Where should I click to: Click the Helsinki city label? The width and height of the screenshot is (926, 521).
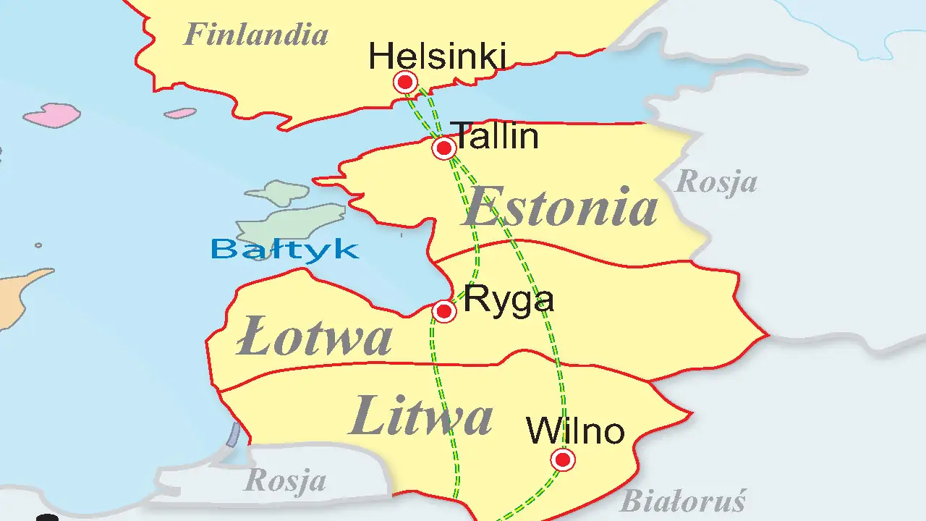click(x=436, y=56)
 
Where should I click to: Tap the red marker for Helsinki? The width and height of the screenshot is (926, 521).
click(x=405, y=82)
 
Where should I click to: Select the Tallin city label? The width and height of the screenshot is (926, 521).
click(x=496, y=135)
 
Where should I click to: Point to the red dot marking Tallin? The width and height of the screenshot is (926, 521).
click(x=443, y=148)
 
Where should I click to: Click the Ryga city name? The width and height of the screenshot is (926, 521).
click(x=509, y=299)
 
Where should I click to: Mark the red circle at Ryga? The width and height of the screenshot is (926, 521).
click(x=443, y=311)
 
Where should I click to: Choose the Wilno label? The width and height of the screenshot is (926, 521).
click(x=575, y=431)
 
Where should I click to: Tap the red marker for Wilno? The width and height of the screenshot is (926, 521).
click(x=562, y=459)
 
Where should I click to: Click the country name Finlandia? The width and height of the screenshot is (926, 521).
click(x=255, y=34)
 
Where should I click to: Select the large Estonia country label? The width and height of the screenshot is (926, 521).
click(x=561, y=207)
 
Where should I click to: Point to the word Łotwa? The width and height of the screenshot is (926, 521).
click(x=315, y=338)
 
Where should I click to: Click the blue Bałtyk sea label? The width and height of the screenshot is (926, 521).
click(x=284, y=249)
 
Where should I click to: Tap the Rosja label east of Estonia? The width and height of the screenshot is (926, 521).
click(x=715, y=182)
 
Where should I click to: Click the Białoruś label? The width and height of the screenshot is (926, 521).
click(x=682, y=501)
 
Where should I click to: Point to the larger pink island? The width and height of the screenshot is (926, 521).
click(x=52, y=115)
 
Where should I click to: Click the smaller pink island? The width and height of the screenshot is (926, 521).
click(x=179, y=113)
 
